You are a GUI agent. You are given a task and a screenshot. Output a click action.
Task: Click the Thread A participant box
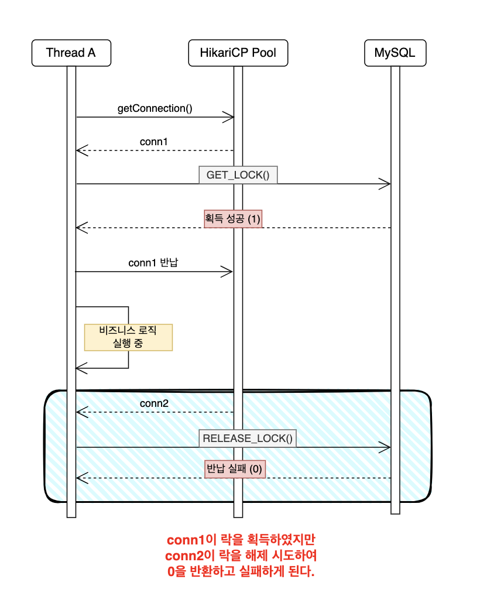(71, 53)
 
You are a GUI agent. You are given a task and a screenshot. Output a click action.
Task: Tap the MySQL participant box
(395, 53)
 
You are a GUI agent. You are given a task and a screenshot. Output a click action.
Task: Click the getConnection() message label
(155, 108)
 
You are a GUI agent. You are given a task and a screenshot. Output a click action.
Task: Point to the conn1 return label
(155, 141)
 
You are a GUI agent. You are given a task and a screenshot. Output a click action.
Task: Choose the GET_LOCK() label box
(238, 175)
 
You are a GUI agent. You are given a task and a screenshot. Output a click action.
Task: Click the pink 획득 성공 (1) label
(233, 218)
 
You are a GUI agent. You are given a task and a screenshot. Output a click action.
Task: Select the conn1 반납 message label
(153, 262)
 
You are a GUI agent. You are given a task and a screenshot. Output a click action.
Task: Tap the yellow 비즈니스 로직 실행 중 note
(128, 337)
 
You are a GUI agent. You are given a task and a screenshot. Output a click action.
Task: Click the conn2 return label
(155, 403)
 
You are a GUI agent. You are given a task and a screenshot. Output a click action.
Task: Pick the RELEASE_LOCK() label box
(247, 438)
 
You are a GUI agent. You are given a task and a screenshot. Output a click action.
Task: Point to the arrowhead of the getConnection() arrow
(230, 117)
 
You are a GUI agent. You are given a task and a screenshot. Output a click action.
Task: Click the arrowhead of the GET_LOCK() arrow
(386, 184)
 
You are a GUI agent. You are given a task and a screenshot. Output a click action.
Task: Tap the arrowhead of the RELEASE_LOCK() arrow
(386, 448)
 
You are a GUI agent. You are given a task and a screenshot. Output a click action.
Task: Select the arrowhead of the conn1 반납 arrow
(229, 271)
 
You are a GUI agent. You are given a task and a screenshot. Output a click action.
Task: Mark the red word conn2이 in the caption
(191, 555)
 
